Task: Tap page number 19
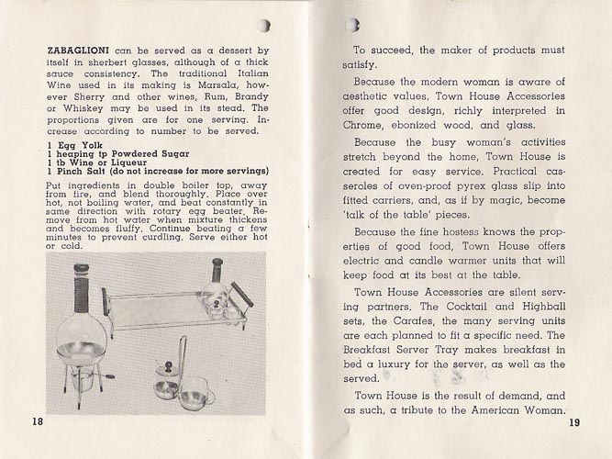click(x=574, y=423)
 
